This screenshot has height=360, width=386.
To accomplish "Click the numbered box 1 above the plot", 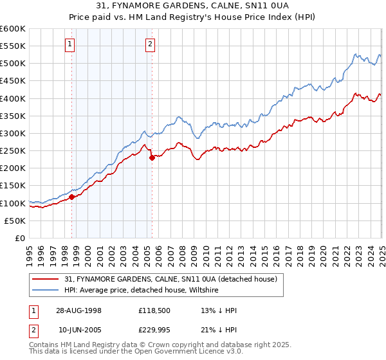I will click(x=69, y=44).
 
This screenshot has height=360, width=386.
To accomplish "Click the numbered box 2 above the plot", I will click(x=150, y=44).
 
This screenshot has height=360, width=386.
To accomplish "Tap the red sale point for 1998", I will click(x=72, y=197).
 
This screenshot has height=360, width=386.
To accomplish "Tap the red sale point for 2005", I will click(x=152, y=157).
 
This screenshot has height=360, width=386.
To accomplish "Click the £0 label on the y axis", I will click(x=20, y=239).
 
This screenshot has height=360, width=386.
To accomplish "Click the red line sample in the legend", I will click(x=44, y=279).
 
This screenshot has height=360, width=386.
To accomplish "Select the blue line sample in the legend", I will click(x=44, y=290).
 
